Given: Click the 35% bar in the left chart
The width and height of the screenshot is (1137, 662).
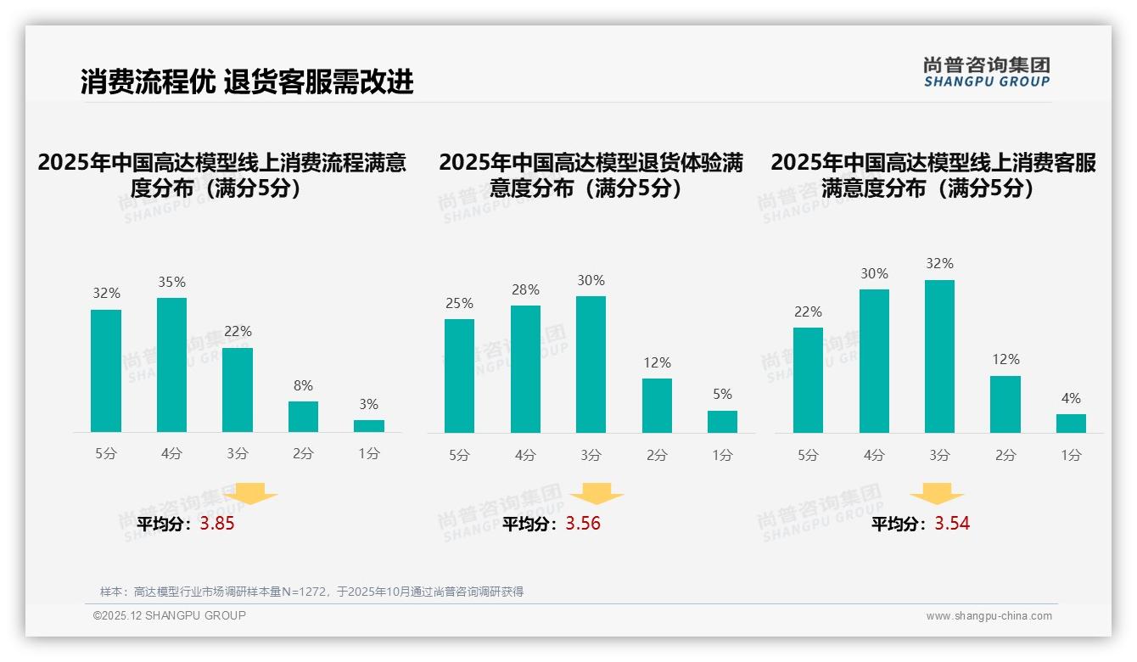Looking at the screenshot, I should point(172,365).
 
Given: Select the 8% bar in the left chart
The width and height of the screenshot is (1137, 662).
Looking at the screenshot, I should point(303,417).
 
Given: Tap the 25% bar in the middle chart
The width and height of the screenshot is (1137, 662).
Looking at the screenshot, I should point(459,376).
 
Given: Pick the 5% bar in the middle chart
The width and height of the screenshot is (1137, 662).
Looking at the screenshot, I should point(722,422).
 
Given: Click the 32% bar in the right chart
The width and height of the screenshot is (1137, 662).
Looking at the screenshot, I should point(939,356).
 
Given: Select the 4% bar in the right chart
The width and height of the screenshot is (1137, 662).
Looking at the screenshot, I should point(1071,424).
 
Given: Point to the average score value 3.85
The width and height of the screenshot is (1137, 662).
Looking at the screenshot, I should point(217,524).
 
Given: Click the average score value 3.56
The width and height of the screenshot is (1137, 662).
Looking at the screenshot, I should point(583,524).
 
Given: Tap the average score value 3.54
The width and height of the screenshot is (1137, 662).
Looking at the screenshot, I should point(952,524).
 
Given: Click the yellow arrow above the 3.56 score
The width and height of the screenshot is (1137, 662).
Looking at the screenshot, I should point(597,494).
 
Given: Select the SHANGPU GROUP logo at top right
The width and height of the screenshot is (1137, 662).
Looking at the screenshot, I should point(986,72).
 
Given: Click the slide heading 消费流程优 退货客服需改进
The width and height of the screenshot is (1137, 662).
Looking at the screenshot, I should point(247,81).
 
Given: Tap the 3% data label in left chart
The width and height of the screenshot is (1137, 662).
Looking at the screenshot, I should point(368,405).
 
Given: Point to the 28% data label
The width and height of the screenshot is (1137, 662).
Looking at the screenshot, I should point(525,290).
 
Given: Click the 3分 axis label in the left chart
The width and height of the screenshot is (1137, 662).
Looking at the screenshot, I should point(238,454).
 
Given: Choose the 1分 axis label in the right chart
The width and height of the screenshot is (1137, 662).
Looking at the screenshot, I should point(1071,456).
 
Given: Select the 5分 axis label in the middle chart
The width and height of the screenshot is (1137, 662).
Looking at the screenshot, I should point(459,456).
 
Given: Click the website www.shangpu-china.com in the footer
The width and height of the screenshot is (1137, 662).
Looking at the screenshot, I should point(989,616).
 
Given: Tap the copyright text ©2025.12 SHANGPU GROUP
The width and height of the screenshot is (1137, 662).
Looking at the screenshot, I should point(170,615).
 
